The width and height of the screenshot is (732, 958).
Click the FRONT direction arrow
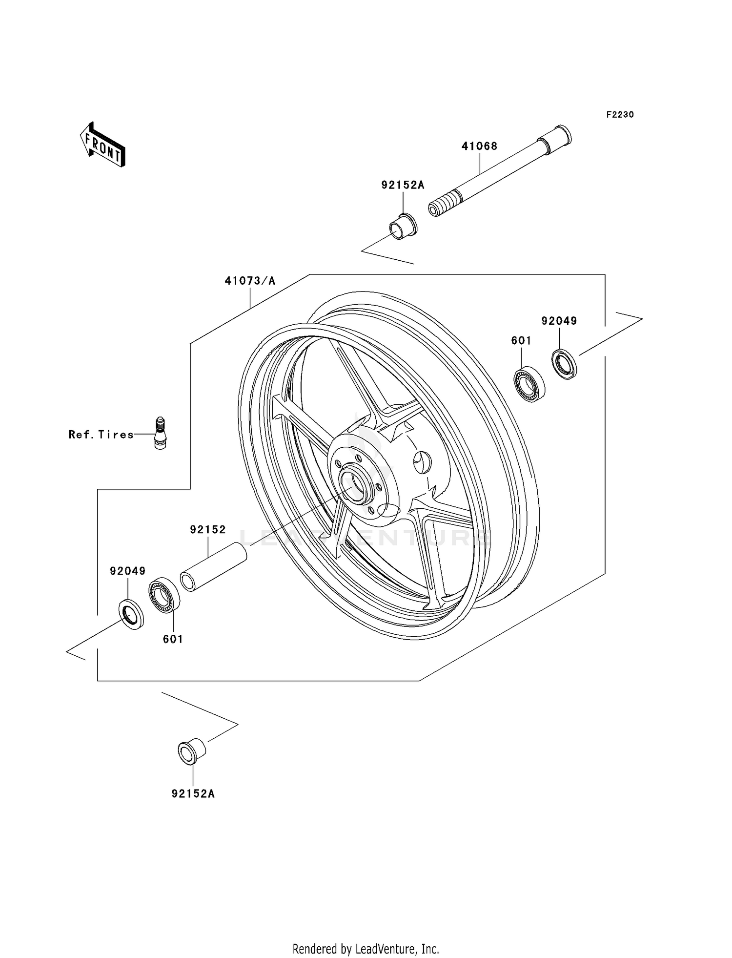(x=103, y=145)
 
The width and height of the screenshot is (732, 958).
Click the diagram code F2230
(x=620, y=115)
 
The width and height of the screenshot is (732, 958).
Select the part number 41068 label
(x=479, y=146)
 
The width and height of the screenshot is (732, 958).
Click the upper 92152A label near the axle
(x=403, y=185)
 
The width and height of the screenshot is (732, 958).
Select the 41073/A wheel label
(x=250, y=281)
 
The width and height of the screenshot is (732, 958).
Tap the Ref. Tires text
(x=101, y=435)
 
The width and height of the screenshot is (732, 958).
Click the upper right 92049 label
(x=559, y=321)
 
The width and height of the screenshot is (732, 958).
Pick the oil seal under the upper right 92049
(x=564, y=364)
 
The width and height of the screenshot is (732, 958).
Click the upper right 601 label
(x=521, y=340)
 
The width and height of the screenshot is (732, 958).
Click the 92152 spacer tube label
(x=208, y=530)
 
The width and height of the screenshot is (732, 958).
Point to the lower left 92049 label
(x=127, y=571)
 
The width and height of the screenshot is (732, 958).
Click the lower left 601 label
(x=173, y=639)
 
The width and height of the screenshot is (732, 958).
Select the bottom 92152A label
(x=193, y=793)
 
